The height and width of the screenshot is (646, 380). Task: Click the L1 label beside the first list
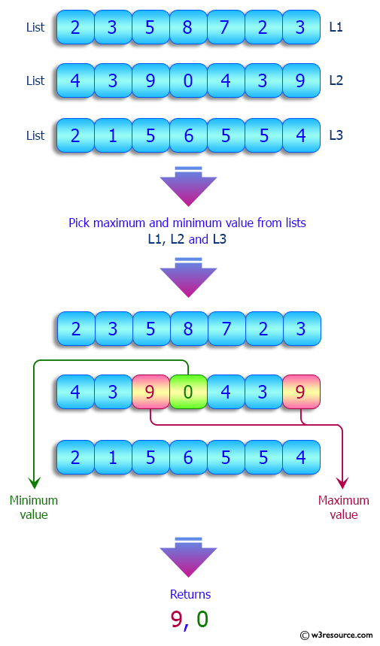(336, 27)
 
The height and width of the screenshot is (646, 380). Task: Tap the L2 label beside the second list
(336, 80)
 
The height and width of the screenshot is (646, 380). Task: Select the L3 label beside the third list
(336, 135)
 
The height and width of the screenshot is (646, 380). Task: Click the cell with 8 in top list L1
(187, 28)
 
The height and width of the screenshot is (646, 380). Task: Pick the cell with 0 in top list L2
(187, 81)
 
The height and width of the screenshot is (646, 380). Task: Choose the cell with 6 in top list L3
(187, 136)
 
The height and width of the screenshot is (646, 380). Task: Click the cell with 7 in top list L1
(225, 28)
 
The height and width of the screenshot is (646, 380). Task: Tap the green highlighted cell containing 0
(188, 393)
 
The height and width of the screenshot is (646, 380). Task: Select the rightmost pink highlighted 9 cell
(301, 393)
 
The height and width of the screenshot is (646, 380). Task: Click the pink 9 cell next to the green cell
(150, 393)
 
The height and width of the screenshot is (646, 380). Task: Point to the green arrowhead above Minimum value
(33, 482)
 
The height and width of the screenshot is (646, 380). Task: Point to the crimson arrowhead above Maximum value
(343, 482)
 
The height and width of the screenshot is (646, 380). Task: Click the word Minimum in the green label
(33, 500)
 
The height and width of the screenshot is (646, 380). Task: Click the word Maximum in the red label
(343, 500)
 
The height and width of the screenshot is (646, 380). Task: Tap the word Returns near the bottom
(190, 594)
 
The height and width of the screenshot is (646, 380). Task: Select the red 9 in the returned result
(177, 619)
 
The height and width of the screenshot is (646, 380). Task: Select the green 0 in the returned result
(202, 619)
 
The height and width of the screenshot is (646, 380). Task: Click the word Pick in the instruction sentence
(79, 223)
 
